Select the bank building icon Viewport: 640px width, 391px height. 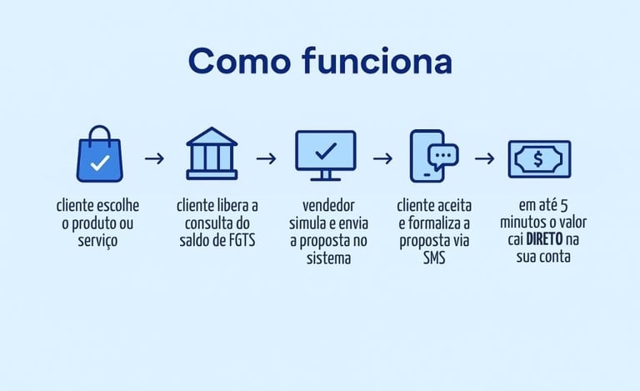pos(210,153)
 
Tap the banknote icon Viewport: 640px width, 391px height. pos(539,158)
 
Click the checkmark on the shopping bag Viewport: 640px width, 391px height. pos(99,163)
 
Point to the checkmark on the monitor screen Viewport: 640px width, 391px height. pos(325,150)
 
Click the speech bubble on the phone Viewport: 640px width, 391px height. pos(442,156)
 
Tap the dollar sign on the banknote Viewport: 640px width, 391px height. pos(539,158)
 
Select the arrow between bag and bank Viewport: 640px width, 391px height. pos(154,158)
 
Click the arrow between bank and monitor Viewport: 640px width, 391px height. pos(266,158)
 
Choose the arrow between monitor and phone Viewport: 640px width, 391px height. pos(382,158)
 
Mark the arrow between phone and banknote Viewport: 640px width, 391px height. pos(484,158)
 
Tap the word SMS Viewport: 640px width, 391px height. pos(433,258)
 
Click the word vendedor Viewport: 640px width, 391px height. pos(326,205)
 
